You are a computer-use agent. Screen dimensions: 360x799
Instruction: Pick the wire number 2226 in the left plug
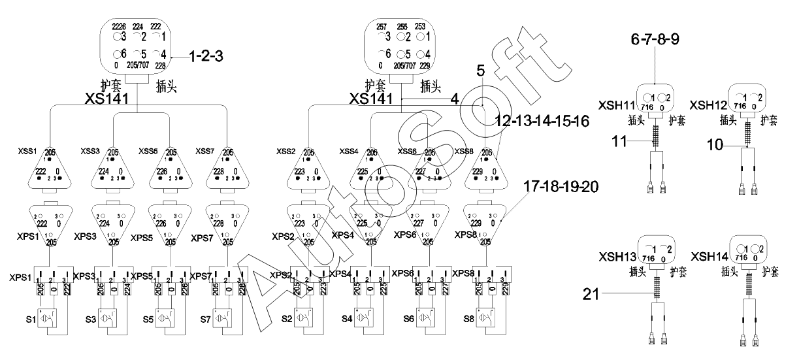(x=119, y=25)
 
